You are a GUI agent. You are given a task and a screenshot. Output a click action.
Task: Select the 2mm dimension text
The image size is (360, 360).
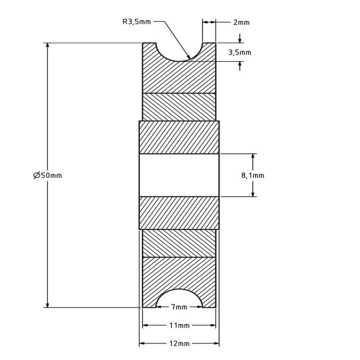coord(241,22)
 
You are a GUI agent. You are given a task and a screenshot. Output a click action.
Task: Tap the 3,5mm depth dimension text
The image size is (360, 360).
coord(240,52)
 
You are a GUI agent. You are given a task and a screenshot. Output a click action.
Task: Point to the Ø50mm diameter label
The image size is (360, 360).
coord(47,175)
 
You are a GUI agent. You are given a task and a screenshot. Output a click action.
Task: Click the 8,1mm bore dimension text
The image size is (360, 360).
coord(253,175)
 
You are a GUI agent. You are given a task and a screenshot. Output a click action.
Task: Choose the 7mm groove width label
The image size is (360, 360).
coord(178,307)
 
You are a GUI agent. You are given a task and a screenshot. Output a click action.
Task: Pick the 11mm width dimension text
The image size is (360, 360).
coord(178,326)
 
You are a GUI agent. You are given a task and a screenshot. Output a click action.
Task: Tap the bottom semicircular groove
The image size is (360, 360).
coord(178,300)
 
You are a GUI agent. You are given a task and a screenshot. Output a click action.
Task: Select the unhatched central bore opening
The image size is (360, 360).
coord(179,175)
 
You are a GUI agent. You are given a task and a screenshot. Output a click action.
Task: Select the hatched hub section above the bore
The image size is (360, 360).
coord(179,137)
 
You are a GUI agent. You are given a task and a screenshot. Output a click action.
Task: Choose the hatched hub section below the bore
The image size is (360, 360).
coord(179,212)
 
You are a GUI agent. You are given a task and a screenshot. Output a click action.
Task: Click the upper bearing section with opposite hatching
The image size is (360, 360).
coord(179,106)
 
